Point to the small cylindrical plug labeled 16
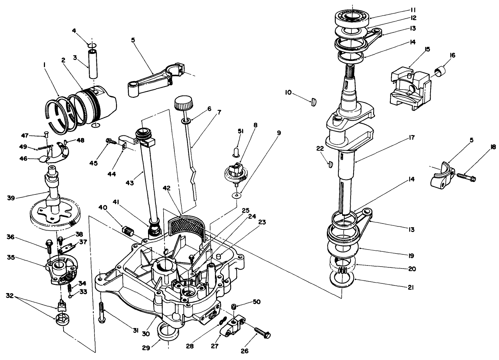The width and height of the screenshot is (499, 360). coord(441,71)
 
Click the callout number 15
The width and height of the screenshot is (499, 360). coord(427,49)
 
